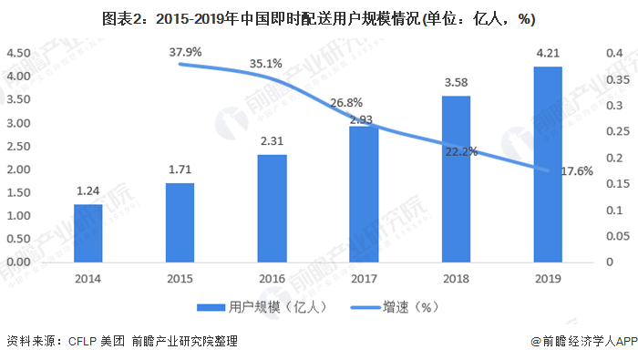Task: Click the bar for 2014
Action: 87,233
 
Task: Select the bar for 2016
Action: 272,209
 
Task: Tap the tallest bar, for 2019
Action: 548,165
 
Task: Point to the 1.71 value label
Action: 180,170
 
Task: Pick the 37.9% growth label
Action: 186,52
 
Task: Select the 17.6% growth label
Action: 574,170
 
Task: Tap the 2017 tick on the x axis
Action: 364,280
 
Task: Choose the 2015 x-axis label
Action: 180,280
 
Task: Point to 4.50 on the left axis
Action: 20,54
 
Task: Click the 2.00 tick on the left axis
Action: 20,170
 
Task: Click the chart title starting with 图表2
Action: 319,17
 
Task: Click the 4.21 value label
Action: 548,53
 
